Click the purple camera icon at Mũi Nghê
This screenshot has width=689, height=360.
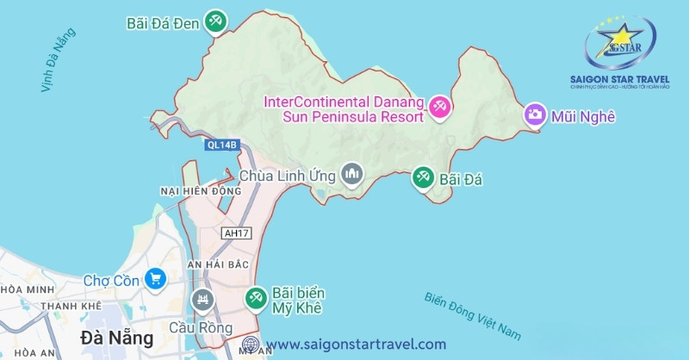click(535, 114)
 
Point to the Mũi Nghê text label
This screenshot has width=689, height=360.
click(585, 115)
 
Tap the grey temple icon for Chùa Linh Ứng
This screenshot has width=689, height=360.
click(351, 176)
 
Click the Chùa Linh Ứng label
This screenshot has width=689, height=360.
click(289, 176)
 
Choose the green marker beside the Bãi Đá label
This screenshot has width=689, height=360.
click(422, 178)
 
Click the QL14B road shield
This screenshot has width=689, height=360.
click(221, 145)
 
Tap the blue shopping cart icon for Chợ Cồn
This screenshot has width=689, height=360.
click(155, 278)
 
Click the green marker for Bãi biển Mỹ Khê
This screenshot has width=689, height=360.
click(256, 298)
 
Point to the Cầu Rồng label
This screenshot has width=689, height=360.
click(213, 328)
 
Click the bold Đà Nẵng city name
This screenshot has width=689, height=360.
click(116, 335)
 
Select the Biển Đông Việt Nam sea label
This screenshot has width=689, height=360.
click(474, 313)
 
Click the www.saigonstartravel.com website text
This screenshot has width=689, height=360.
click(356, 344)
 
